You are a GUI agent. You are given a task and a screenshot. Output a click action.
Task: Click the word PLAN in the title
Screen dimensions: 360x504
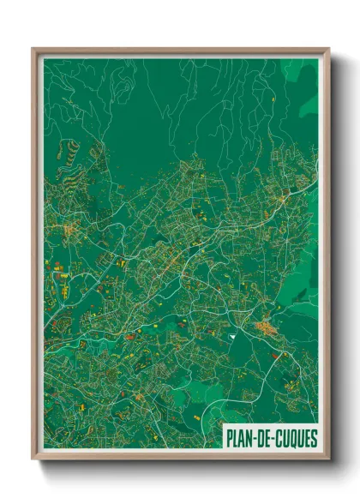tap(239, 438)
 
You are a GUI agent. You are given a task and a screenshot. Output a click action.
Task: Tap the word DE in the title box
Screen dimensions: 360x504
tap(262, 438)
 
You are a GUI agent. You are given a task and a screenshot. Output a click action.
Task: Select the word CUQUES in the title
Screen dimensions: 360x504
tap(295, 438)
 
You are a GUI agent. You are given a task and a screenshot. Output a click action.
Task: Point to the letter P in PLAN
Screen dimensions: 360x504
tap(229, 438)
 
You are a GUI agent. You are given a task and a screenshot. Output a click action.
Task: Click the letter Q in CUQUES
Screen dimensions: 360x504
tap(291, 438)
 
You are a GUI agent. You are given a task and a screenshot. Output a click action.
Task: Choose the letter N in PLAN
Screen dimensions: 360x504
tap(249, 438)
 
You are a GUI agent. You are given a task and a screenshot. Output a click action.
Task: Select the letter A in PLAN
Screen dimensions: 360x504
tap(242, 438)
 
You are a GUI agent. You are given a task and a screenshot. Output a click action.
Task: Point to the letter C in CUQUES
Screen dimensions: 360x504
tap(277, 438)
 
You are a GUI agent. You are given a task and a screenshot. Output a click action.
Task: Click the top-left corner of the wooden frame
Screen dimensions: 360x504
tap(33, 49)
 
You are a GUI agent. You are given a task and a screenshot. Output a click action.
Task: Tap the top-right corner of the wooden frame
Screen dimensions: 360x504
tap(328, 49)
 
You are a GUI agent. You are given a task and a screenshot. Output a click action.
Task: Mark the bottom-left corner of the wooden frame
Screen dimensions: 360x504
tap(33, 459)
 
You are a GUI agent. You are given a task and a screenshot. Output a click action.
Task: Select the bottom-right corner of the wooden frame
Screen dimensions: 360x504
tap(328, 459)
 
